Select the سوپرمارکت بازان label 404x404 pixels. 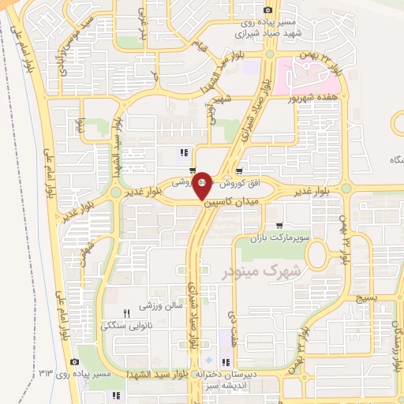click(x=277, y=237)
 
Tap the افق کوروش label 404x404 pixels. click(x=238, y=181)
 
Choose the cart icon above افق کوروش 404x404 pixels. click(x=239, y=170)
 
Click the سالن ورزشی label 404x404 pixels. click(x=156, y=304)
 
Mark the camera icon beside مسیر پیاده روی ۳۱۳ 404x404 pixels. click(x=75, y=361)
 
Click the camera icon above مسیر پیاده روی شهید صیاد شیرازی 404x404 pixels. click(x=268, y=10)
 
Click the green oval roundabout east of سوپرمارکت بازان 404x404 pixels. click(x=319, y=253)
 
